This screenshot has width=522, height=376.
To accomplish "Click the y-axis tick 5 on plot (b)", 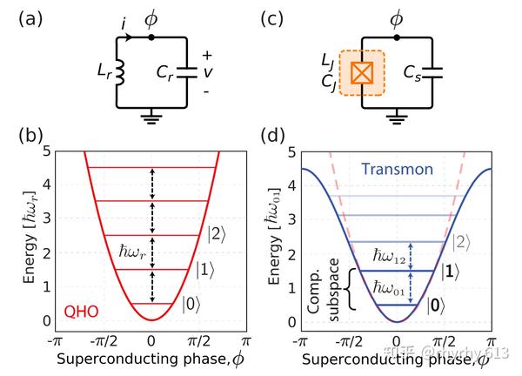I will point(48,151).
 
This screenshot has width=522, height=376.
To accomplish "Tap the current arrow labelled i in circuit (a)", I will point(129,37).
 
